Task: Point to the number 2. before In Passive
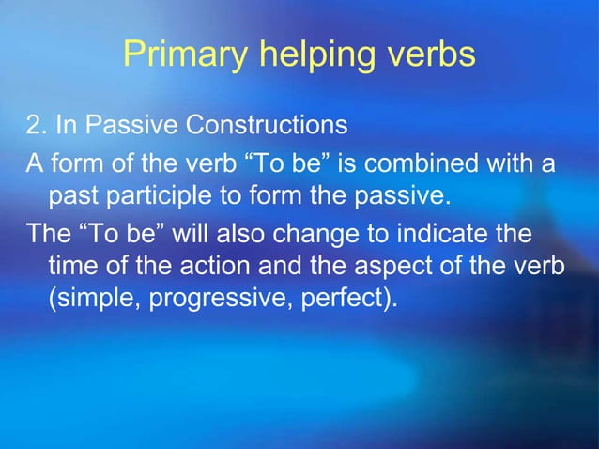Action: pyautogui.click(x=36, y=125)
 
